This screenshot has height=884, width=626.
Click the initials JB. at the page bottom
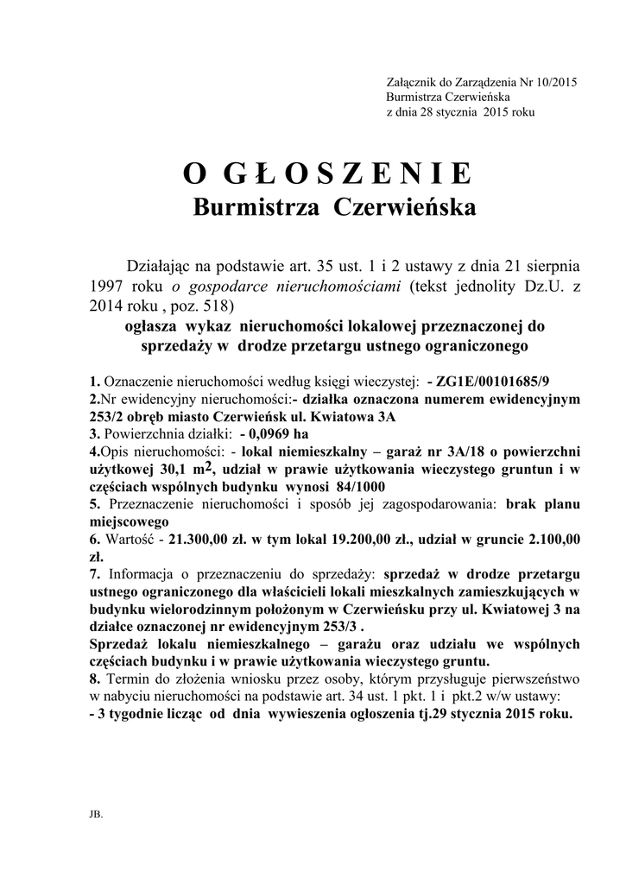click(95, 813)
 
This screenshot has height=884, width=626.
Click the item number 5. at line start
click(94, 504)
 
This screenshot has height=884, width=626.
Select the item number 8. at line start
click(94, 679)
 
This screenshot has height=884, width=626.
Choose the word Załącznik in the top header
click(412, 83)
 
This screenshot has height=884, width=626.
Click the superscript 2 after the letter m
click(209, 465)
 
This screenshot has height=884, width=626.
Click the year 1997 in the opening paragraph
click(109, 287)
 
